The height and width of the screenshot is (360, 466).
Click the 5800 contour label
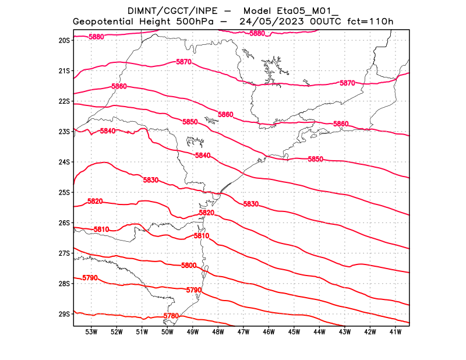189,266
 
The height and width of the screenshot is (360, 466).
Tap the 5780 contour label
171,316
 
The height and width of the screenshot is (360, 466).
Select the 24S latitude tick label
64,162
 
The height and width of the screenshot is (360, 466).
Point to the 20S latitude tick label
64,40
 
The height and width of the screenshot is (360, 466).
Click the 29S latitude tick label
64,314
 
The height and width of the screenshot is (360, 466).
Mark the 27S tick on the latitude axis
64,253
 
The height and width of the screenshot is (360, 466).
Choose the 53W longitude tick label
91,332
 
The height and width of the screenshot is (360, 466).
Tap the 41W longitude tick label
396,332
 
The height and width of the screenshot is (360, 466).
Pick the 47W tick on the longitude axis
243,332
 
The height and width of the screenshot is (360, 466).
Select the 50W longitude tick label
167,332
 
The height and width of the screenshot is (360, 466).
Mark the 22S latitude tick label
64,101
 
